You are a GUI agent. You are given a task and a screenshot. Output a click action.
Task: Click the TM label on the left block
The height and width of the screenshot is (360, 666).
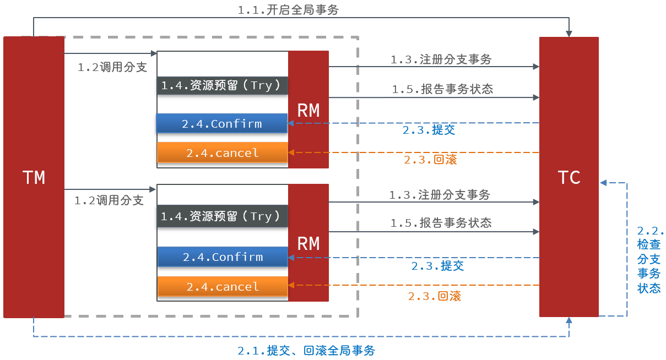34,177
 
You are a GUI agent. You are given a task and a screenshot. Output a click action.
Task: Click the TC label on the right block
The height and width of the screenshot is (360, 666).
568,177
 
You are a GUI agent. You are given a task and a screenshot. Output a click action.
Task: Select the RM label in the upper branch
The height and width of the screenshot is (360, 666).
308,110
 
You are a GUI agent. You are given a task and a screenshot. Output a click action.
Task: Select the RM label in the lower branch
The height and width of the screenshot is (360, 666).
308,243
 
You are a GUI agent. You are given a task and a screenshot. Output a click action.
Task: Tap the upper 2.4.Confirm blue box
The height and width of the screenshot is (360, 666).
222,123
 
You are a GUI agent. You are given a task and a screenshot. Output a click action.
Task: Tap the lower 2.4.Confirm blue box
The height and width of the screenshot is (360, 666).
223,257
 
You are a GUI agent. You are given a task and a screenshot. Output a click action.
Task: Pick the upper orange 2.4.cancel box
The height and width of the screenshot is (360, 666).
223,152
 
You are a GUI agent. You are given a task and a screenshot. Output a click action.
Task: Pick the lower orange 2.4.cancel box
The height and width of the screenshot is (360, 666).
223,287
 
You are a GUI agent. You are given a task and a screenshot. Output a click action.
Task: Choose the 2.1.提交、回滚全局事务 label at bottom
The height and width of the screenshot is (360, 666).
306,351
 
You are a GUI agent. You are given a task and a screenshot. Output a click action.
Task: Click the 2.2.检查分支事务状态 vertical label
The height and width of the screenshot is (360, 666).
649,259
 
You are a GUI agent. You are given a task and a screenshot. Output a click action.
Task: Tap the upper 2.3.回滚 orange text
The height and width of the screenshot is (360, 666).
430,160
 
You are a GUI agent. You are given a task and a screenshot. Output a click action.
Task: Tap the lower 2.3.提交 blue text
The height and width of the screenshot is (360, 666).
437,266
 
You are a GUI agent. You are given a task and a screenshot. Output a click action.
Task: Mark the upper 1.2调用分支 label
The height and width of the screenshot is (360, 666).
112,67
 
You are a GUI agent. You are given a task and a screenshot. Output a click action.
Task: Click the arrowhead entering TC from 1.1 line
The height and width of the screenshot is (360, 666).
569,34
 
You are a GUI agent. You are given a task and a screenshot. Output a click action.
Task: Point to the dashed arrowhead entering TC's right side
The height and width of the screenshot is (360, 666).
603,182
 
